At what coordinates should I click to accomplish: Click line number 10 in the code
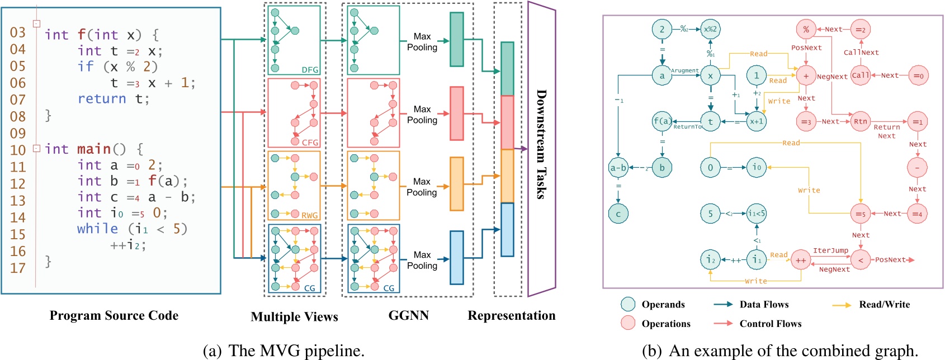point(18,150)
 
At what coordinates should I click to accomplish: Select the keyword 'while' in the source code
point(98,229)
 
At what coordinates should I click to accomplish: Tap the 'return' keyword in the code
point(102,99)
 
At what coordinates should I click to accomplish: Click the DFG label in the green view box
point(310,70)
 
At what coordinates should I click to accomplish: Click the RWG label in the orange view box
point(309,215)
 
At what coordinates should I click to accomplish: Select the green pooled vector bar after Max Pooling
point(457,40)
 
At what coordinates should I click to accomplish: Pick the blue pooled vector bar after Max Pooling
point(457,258)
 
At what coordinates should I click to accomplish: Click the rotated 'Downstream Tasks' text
point(541,144)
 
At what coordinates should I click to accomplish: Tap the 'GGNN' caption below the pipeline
point(408,316)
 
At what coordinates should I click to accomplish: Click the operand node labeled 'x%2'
point(710,29)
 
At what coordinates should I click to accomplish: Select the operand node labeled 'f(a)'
point(662,121)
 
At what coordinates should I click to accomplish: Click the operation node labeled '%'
point(806,30)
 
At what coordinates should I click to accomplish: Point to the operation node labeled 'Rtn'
point(861,121)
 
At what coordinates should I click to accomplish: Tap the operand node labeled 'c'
point(618,214)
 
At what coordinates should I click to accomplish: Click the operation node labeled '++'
point(801,260)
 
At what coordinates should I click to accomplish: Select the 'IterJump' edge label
point(830,250)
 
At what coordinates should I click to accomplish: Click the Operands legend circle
point(628,304)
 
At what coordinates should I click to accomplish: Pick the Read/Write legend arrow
point(842,305)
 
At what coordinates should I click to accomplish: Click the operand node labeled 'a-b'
point(618,167)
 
